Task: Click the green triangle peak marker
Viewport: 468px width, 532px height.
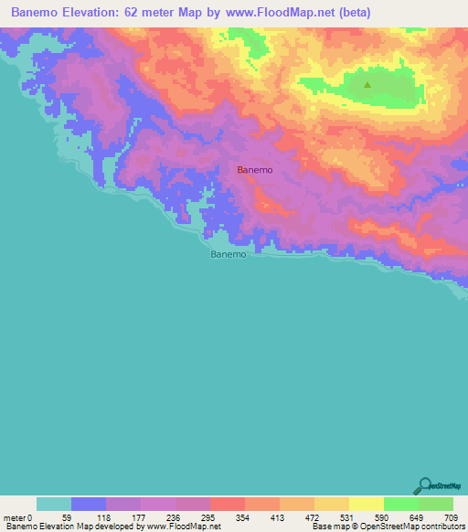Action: pos(367,85)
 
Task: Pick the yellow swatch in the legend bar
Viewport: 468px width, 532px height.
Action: pos(367,504)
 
